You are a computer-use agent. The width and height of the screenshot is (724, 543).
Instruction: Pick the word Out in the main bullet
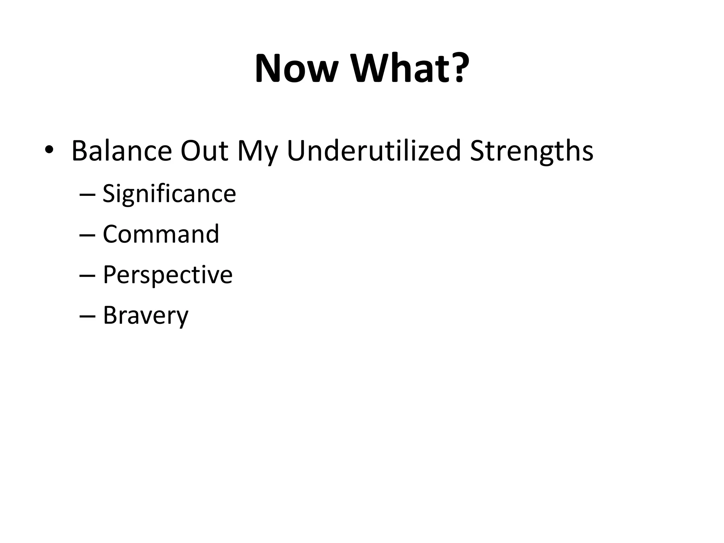(204, 151)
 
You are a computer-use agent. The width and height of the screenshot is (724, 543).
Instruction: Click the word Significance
(169, 194)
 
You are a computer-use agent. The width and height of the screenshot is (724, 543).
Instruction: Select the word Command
(161, 234)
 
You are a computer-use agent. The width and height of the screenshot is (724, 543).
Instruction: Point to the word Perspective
(168, 276)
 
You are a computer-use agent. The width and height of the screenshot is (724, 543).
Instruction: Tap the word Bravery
(146, 316)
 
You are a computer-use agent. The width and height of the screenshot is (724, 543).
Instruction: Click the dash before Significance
(88, 195)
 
